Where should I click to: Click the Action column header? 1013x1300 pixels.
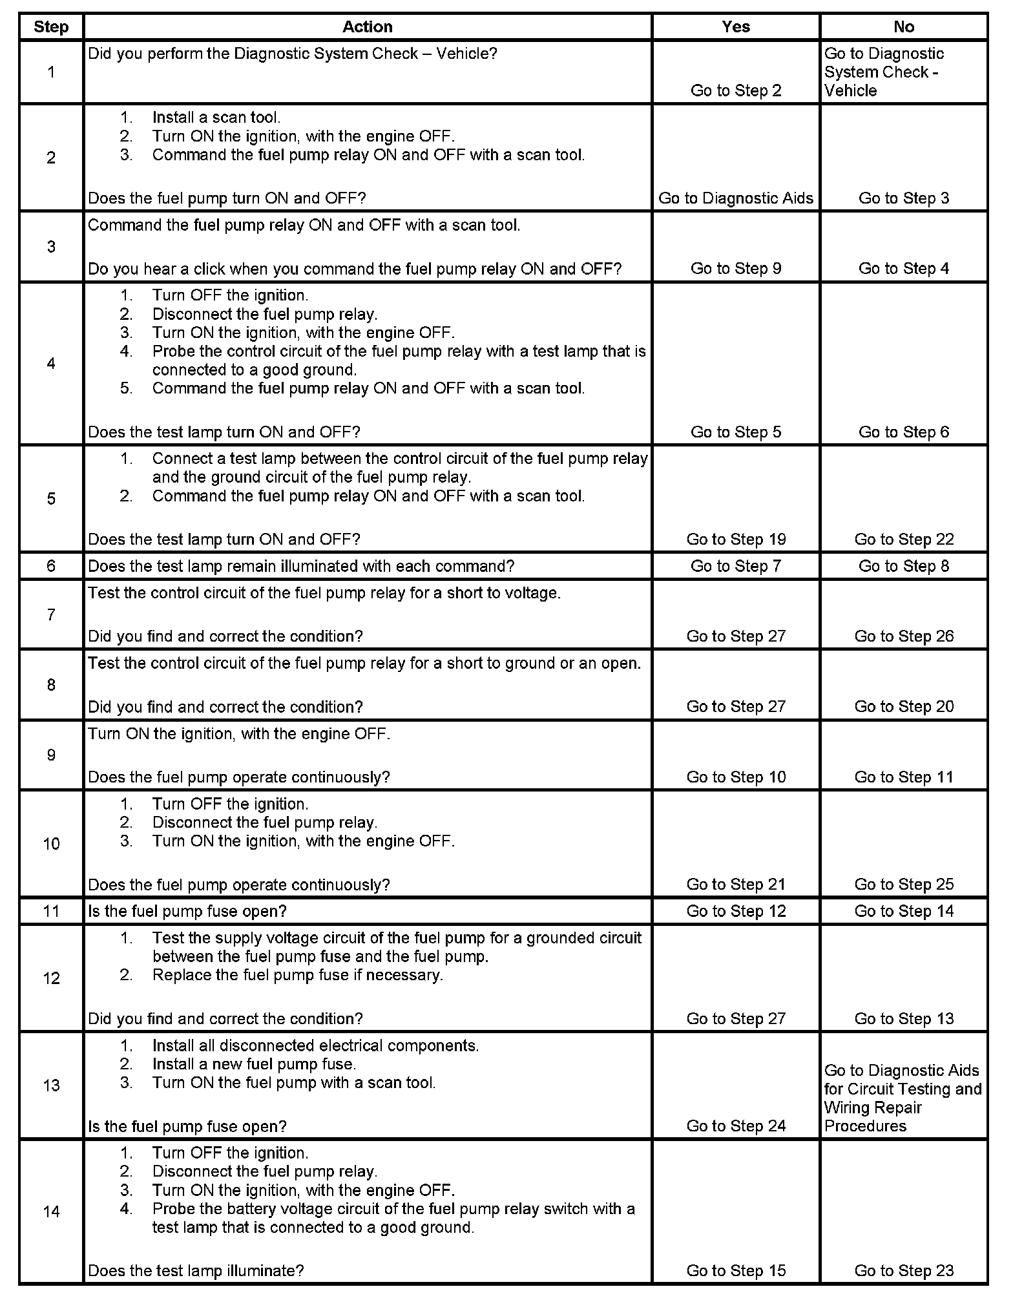coord(367,26)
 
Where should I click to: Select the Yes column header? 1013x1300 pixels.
coord(736,26)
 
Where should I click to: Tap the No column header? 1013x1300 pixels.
coord(903,26)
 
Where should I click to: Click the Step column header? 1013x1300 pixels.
coord(51,26)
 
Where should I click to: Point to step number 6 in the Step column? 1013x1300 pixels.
coord(51,566)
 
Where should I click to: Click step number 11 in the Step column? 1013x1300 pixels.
coord(51,911)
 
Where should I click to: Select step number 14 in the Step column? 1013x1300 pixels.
coord(51,1211)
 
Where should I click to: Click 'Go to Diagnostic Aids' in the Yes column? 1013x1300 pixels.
coord(736,198)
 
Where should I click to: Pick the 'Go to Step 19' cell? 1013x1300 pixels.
coord(736,540)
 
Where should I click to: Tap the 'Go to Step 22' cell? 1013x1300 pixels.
coord(904,540)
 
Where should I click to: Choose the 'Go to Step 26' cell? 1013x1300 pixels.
coord(904,636)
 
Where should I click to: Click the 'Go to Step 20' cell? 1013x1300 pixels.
coord(904,707)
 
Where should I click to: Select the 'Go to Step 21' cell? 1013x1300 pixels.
coord(736,885)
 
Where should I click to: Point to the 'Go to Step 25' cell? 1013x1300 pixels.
coord(904,885)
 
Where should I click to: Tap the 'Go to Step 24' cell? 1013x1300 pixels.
coord(736,1126)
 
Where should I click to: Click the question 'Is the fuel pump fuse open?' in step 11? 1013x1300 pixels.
coord(187,911)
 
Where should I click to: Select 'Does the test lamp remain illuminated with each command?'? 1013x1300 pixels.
coord(301,566)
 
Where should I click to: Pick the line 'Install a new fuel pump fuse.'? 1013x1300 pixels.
coord(254,1064)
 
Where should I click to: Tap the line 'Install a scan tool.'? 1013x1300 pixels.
coord(216,118)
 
